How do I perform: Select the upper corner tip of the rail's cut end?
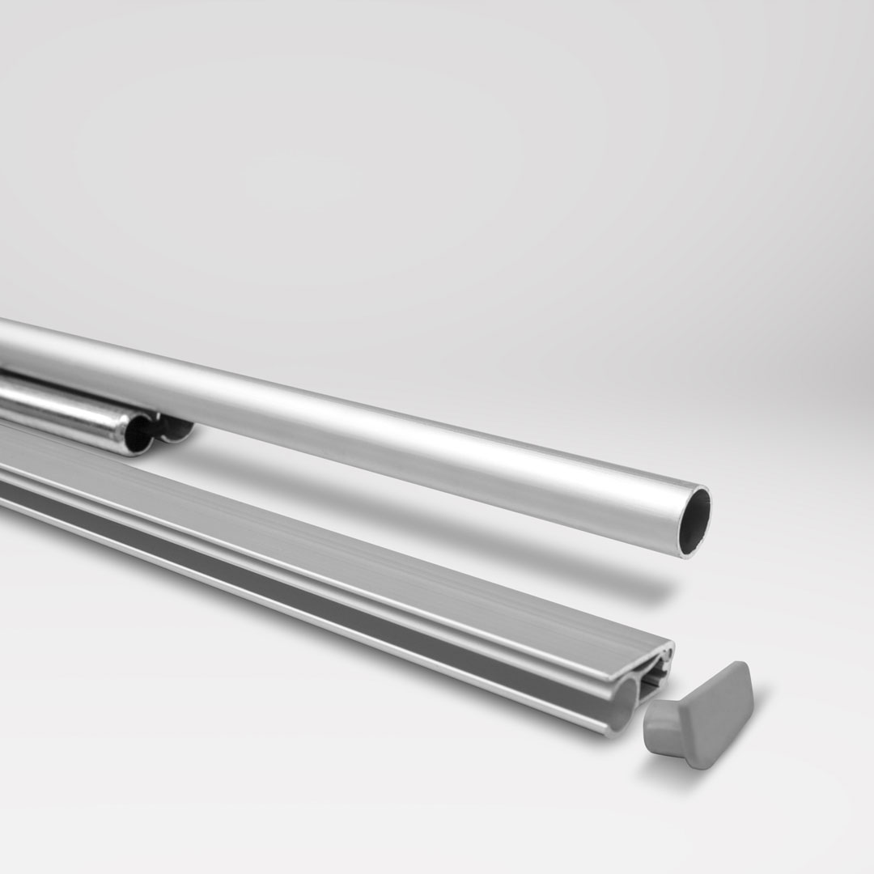coord(670,645)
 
